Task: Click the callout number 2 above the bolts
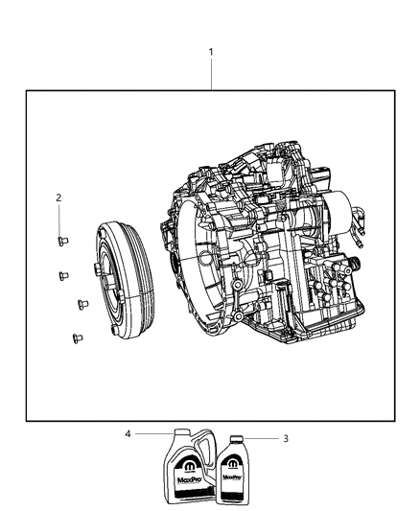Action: click(x=58, y=197)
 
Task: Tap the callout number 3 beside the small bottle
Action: click(x=284, y=439)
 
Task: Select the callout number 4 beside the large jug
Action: click(x=127, y=433)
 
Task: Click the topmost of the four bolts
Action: click(x=60, y=241)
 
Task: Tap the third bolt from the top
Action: click(x=81, y=305)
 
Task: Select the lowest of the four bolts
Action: click(x=75, y=337)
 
